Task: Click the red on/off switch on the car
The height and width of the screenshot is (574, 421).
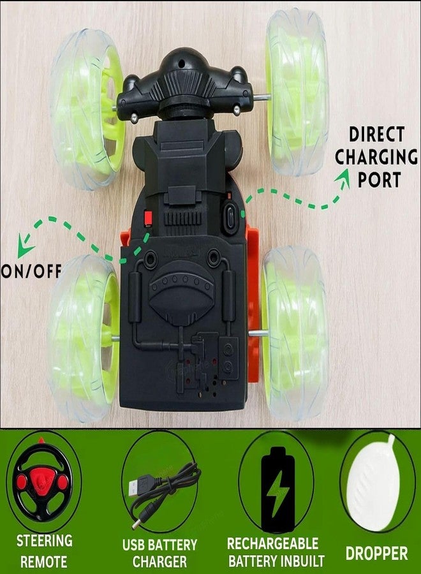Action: (148, 219)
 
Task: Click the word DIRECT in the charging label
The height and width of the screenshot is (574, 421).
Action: (377, 134)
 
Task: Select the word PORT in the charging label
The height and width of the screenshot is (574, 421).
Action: (379, 179)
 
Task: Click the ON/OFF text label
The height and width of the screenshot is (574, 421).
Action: (31, 271)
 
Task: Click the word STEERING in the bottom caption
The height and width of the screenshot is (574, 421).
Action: (44, 541)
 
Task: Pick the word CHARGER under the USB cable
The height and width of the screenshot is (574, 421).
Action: (159, 561)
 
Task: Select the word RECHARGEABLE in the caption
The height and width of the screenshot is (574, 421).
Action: (273, 543)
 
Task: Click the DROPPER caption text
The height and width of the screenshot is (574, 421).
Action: (377, 553)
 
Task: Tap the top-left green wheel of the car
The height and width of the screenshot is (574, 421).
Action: (87, 109)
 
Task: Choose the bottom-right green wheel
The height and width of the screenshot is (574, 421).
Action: (295, 332)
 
